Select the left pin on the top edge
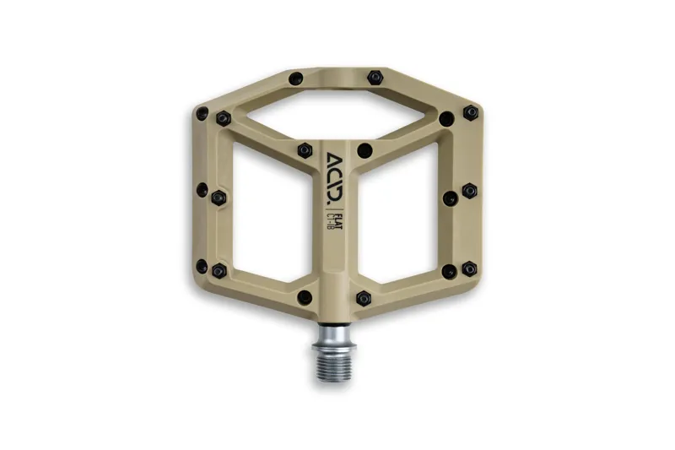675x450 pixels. click(x=295, y=79)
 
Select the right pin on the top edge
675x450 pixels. click(x=375, y=78)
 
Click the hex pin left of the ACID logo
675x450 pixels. click(x=305, y=150)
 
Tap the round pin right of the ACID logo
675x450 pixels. click(x=364, y=151)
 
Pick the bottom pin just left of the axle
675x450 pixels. click(x=305, y=297)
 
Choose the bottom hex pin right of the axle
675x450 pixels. click(x=364, y=298)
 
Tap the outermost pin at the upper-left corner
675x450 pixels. click(x=202, y=113)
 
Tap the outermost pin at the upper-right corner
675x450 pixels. click(x=469, y=113)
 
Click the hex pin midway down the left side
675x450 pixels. click(x=218, y=197)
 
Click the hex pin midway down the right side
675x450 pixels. click(x=469, y=191)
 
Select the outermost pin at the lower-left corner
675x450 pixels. click(x=202, y=267)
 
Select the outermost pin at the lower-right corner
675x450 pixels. click(x=469, y=268)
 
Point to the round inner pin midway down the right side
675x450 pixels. click(x=450, y=198)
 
